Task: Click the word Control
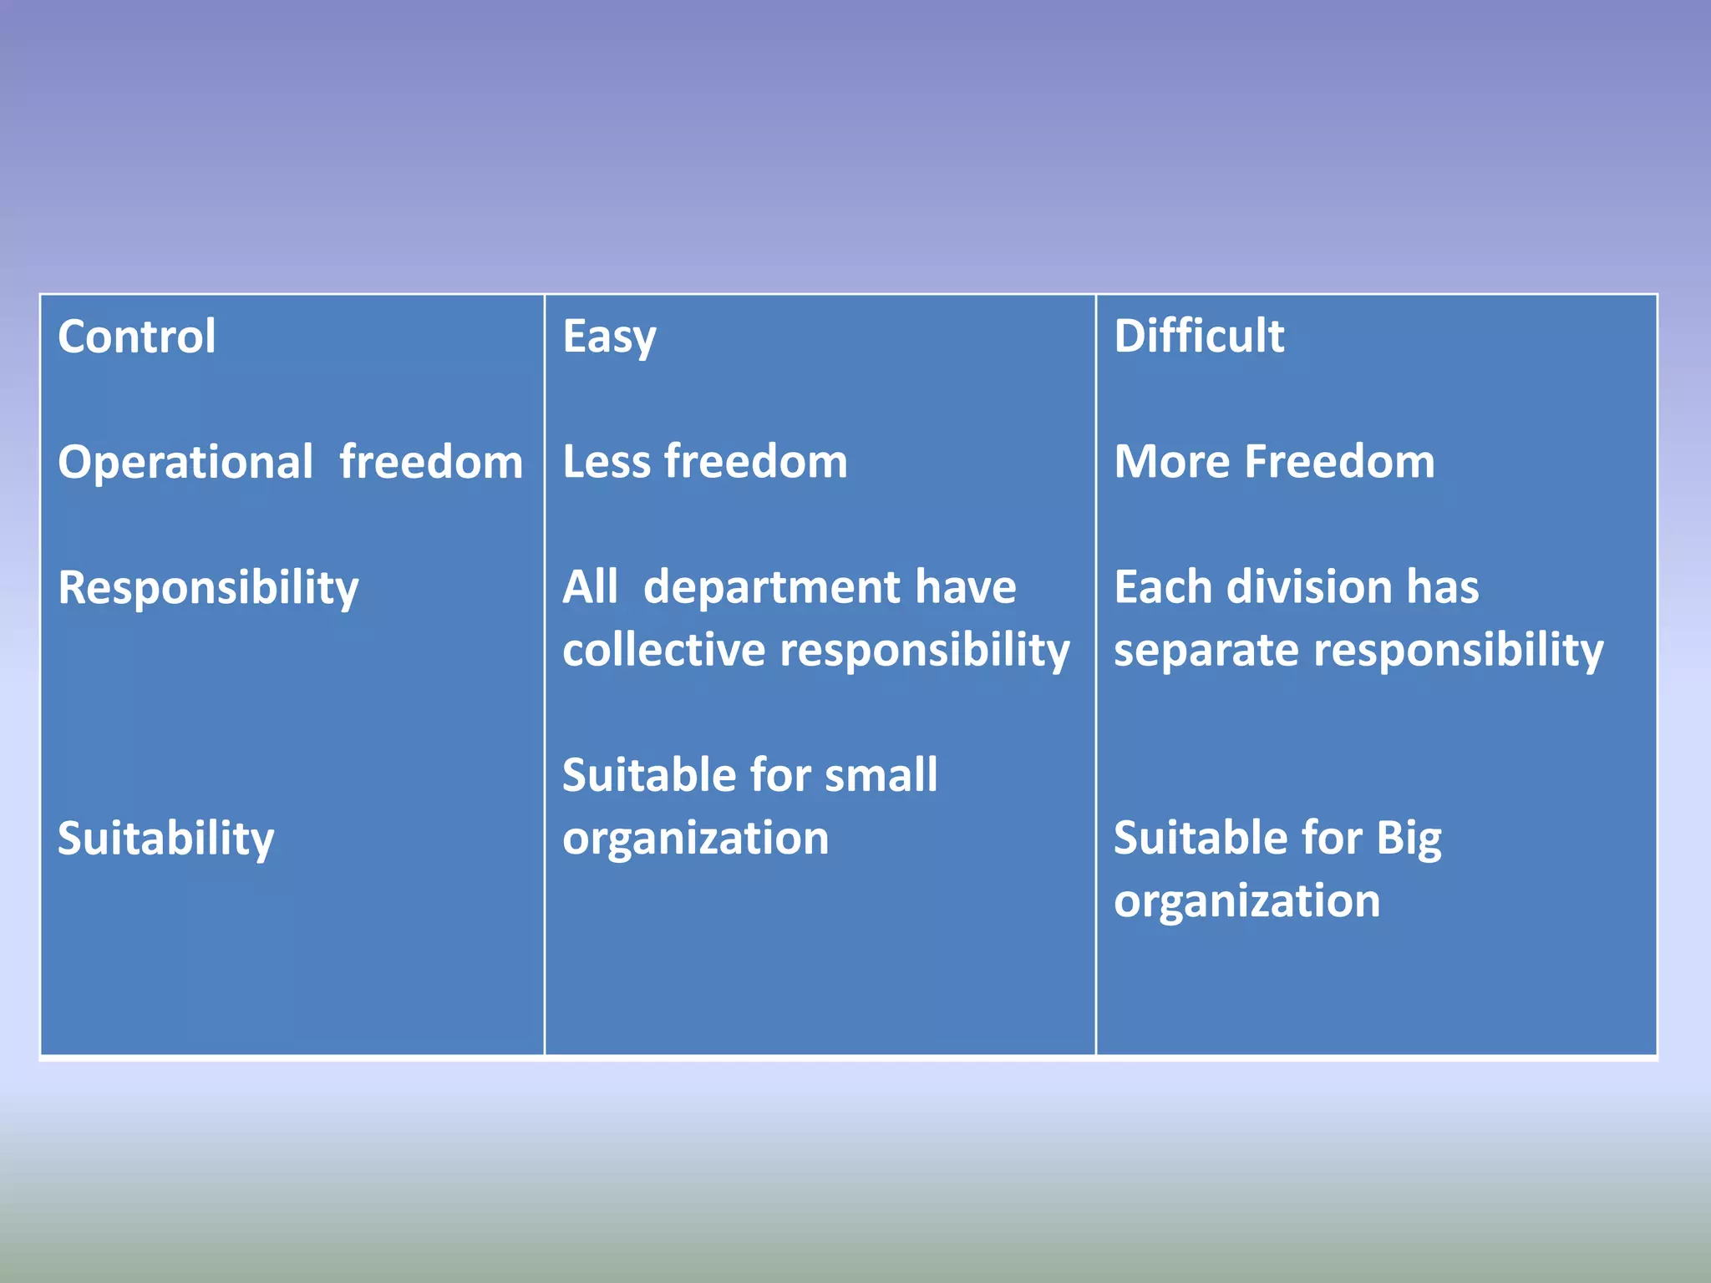point(137,337)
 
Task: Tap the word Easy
point(609,338)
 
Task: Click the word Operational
point(185,462)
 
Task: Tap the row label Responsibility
point(208,588)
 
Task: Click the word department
point(770,587)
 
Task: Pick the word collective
point(663,650)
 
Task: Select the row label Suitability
point(165,839)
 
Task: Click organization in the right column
point(1246,901)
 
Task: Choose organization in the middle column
point(695,839)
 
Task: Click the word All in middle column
point(590,587)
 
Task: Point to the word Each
point(1162,587)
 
